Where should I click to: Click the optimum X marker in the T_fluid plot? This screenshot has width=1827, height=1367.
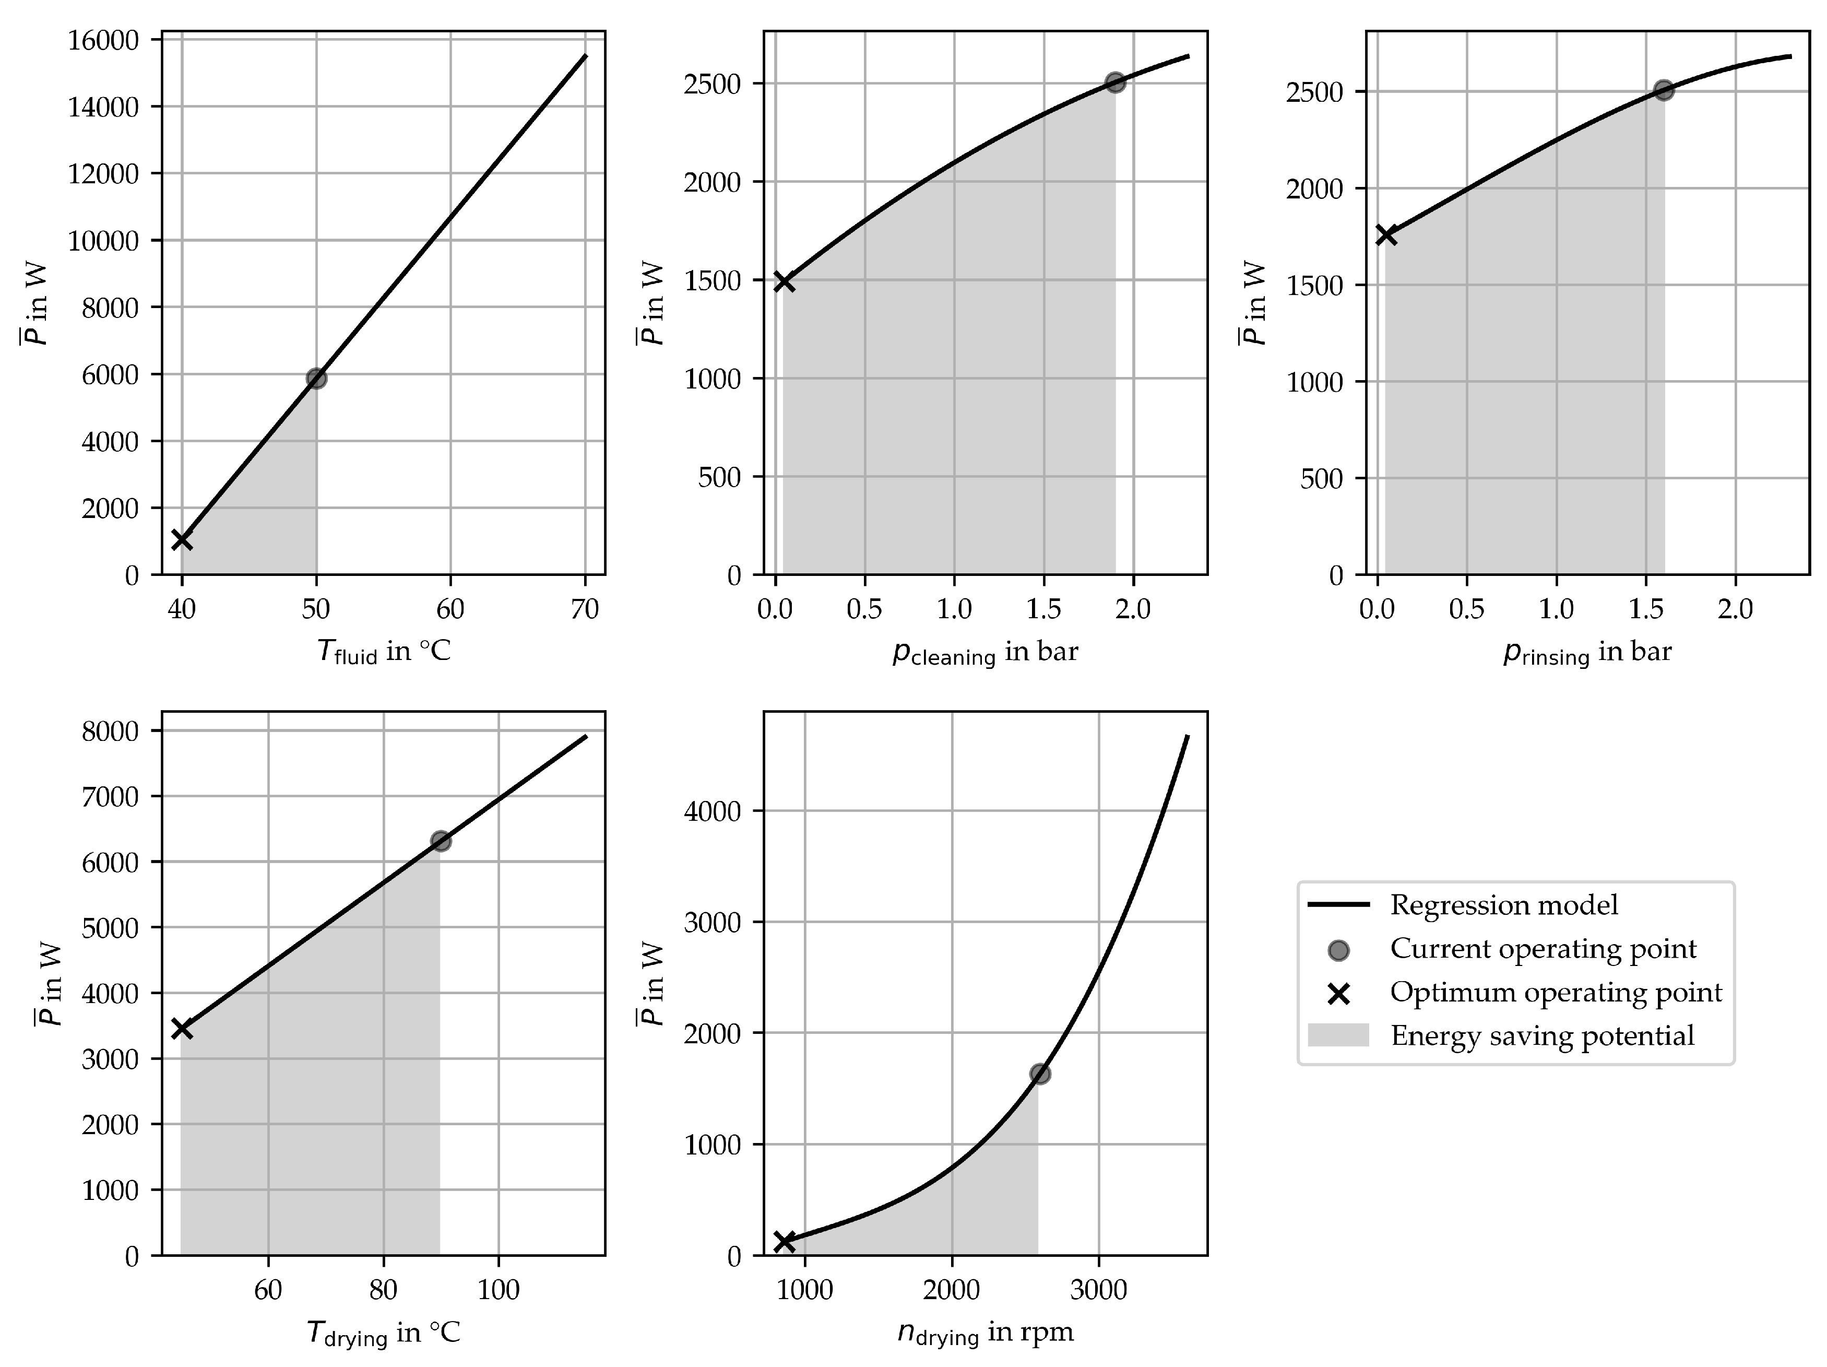[182, 540]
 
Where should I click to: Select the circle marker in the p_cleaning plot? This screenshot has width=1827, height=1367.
[1115, 83]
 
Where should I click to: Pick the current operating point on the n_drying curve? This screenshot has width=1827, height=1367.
[1040, 1074]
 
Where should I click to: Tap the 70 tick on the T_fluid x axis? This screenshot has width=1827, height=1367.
[585, 609]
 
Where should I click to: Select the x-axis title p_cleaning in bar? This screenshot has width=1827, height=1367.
[984, 653]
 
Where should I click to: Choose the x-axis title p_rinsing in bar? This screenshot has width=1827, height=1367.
[1587, 653]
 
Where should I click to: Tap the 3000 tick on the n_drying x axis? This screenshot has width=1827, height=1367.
[1098, 1290]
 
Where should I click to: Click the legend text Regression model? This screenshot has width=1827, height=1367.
[1503, 905]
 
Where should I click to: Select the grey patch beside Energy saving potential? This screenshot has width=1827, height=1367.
[1338, 1035]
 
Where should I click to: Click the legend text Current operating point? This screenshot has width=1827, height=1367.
[1543, 949]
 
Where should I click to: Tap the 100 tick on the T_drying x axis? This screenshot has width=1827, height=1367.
[498, 1290]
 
